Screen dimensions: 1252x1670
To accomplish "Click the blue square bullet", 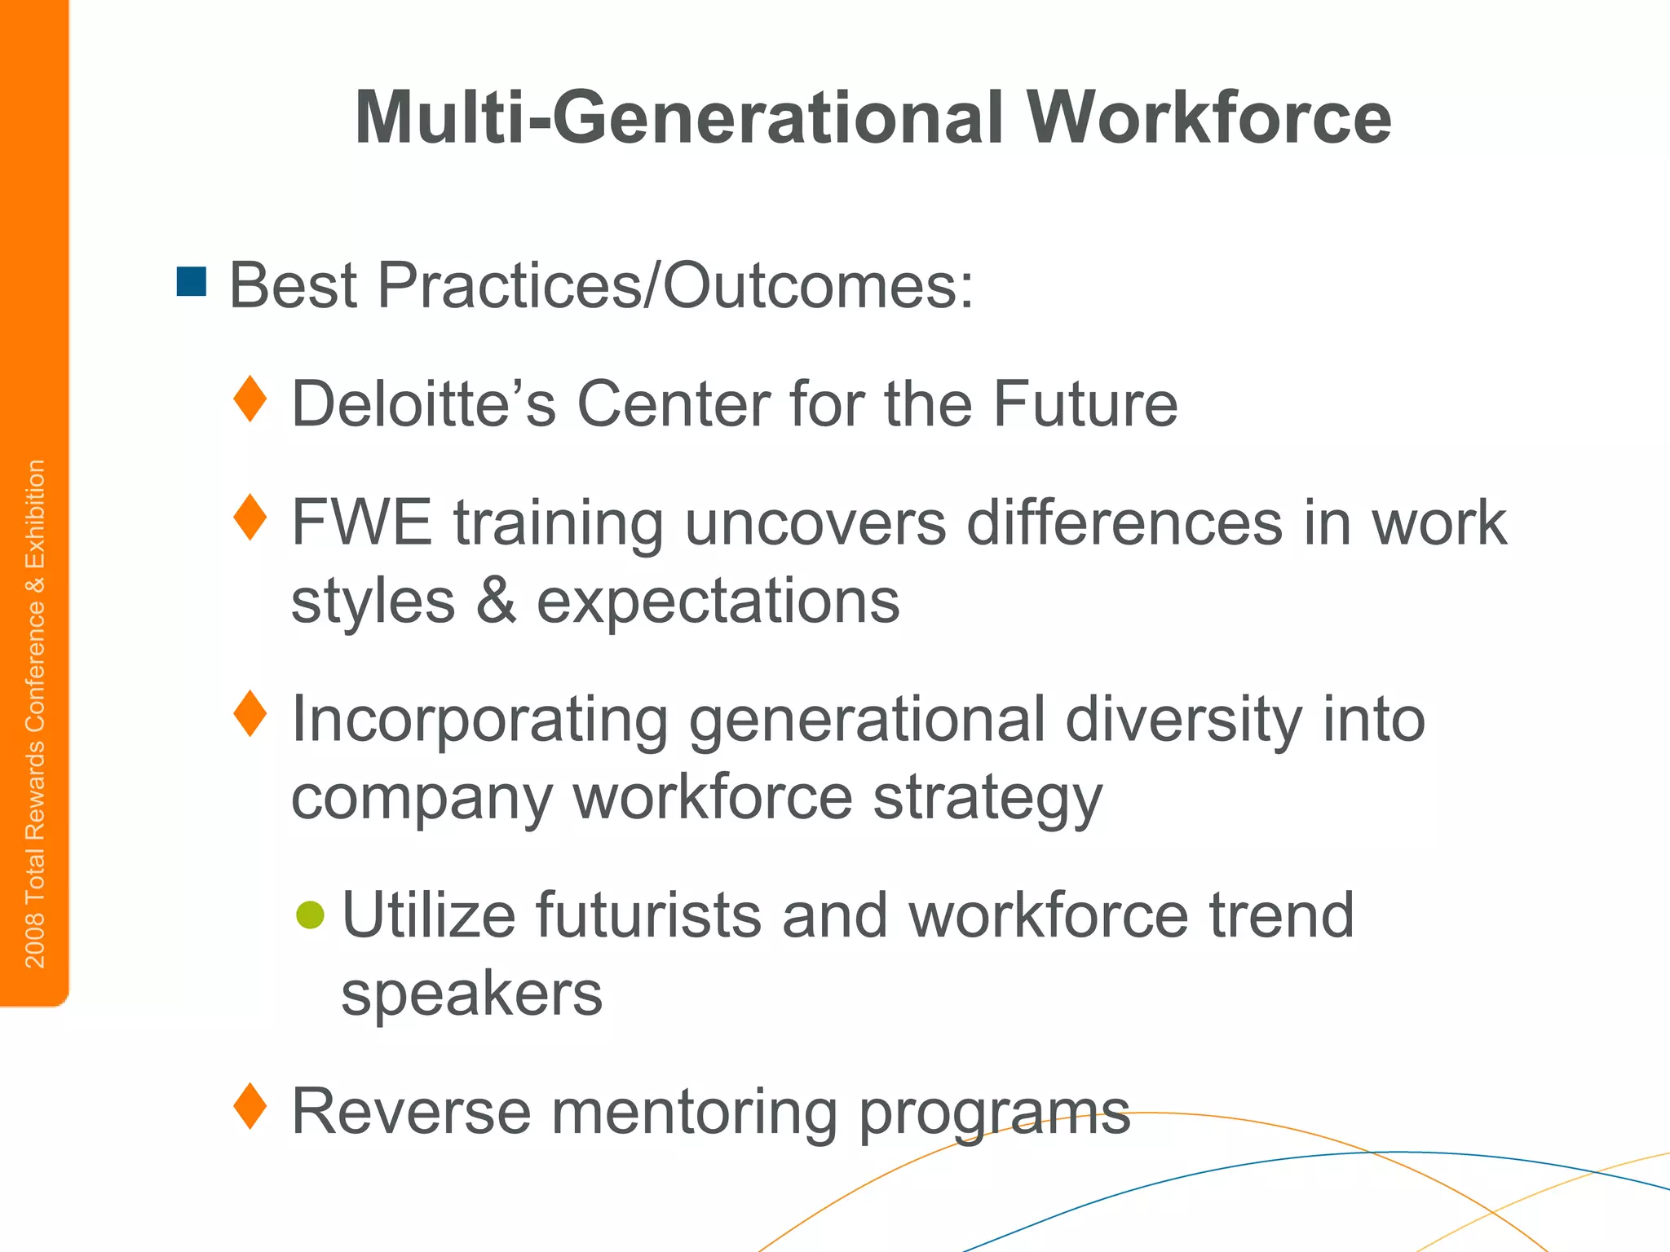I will click(x=192, y=282).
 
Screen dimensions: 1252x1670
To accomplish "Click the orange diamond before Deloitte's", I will click(x=250, y=399).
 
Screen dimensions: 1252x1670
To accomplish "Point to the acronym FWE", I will click(x=361, y=522).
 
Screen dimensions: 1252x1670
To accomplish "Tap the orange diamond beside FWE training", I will click(x=250, y=518).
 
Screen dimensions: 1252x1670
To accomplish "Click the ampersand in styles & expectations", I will click(x=496, y=601).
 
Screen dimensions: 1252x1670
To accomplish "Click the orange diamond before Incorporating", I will click(x=250, y=713).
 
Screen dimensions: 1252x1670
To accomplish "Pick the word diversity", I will click(x=1182, y=721).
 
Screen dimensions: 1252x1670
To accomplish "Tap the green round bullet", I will click(x=311, y=915).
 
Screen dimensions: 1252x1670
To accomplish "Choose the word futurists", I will click(x=649, y=915).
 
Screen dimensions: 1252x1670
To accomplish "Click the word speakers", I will click(x=471, y=994).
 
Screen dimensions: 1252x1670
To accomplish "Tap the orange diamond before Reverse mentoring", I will click(x=250, y=1106).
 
